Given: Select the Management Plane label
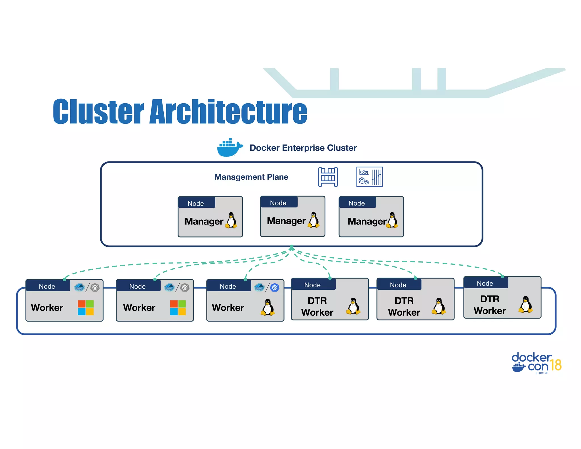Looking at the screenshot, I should tap(251, 177).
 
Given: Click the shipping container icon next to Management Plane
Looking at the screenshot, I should tap(328, 177).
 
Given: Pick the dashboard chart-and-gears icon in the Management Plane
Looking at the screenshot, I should tap(369, 177).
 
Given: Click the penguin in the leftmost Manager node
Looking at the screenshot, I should tap(231, 221).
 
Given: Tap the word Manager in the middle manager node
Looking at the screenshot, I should tap(286, 221).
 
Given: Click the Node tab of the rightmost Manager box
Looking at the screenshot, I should tap(357, 203).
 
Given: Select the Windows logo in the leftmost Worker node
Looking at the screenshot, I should tap(86, 308).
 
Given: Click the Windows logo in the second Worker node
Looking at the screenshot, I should tap(178, 308).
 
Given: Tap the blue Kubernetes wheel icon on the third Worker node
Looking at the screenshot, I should tap(275, 288).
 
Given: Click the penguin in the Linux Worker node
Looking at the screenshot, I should tap(268, 307).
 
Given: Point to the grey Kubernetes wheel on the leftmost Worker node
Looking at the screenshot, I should tap(95, 288).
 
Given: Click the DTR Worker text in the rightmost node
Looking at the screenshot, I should tap(490, 305).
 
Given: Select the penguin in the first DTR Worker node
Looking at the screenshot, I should tap(353, 306).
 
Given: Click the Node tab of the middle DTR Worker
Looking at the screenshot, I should tap(398, 285).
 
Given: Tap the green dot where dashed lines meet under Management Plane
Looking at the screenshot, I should tap(292, 247).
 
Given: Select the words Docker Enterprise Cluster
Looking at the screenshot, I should tap(303, 148).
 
